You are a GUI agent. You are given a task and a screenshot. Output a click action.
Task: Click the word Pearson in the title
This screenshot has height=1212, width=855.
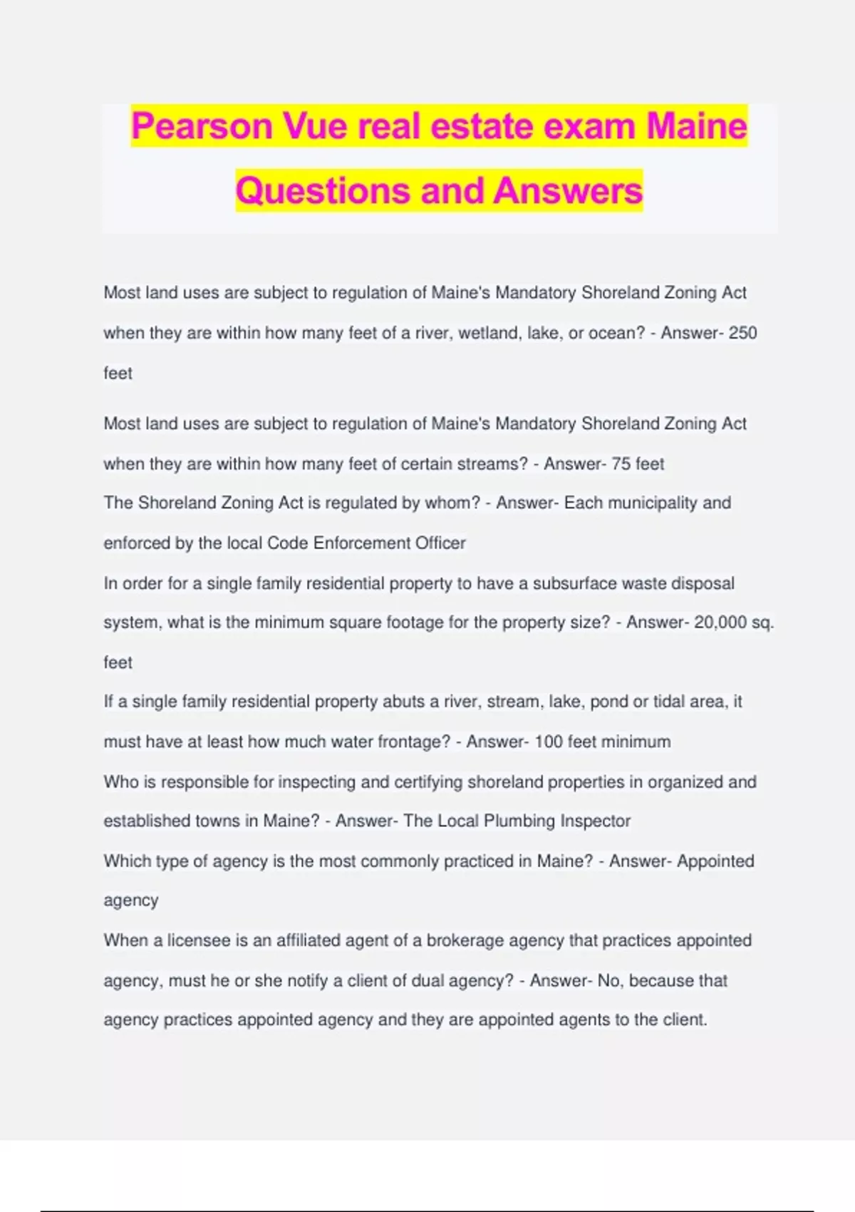(202, 127)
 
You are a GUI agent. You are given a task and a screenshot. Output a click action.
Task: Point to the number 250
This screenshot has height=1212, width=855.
(742, 333)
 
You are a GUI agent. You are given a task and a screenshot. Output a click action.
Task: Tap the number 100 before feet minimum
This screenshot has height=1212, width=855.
(549, 742)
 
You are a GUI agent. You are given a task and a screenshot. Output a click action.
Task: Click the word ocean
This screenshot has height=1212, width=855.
(616, 333)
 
